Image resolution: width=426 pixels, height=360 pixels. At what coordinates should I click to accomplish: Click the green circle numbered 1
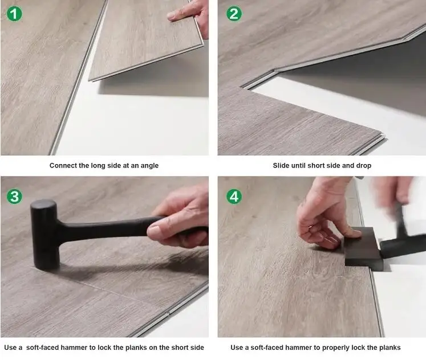14,14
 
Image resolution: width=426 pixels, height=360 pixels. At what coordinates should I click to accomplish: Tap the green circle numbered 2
234,14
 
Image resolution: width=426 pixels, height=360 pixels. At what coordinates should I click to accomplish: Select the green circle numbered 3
14,197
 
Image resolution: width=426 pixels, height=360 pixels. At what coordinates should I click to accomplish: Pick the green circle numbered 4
234,197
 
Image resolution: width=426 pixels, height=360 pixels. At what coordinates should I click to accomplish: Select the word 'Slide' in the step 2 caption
282,166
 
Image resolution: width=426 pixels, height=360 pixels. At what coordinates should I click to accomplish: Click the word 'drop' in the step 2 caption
363,166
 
